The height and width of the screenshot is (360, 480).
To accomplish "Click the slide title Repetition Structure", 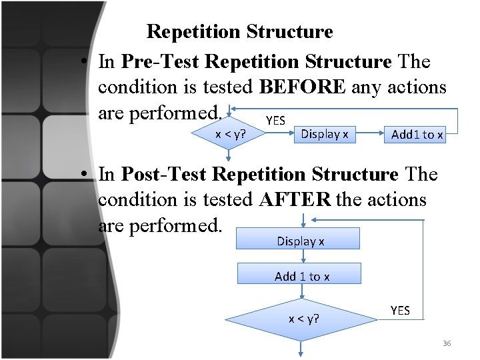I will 239,31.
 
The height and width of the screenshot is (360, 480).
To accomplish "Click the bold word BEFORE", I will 302,87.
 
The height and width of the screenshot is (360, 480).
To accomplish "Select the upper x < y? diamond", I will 229,134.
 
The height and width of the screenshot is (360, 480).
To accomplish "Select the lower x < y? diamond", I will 303,318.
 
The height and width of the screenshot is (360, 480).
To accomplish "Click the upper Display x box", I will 325,134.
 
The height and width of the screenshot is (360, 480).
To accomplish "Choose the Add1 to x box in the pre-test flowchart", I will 417,135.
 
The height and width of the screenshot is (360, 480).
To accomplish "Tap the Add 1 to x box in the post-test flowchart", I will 302,276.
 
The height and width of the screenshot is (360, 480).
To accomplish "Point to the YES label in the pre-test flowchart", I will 275,121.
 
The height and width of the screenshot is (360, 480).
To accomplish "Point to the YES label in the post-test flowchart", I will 400,311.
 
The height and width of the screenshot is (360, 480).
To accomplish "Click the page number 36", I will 447,343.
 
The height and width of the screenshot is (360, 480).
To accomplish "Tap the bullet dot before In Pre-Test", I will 86,63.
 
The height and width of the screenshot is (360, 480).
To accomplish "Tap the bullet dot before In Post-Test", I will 86,175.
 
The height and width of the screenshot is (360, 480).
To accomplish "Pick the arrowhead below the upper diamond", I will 229,158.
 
